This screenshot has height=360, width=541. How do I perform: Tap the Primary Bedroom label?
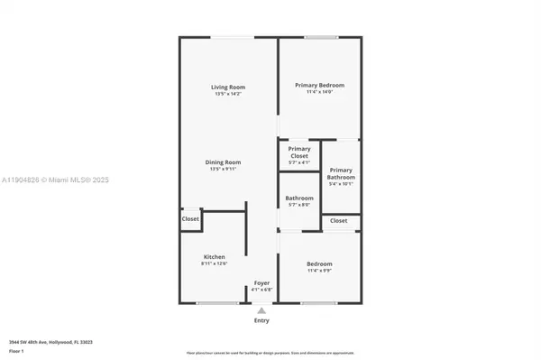[320, 85]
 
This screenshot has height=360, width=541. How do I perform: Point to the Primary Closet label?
[298, 152]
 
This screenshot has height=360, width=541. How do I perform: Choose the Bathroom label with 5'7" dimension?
[299, 198]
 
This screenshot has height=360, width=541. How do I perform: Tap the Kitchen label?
[214, 256]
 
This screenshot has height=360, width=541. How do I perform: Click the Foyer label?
[261, 283]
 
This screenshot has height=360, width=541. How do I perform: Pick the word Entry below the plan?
[261, 320]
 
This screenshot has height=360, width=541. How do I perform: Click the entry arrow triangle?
[261, 310]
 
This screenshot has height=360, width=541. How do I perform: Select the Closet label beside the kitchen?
[190, 218]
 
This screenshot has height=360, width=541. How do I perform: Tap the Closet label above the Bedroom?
[338, 220]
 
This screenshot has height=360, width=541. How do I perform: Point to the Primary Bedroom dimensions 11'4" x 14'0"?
[320, 92]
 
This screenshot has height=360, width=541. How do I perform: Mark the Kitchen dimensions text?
[214, 263]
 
